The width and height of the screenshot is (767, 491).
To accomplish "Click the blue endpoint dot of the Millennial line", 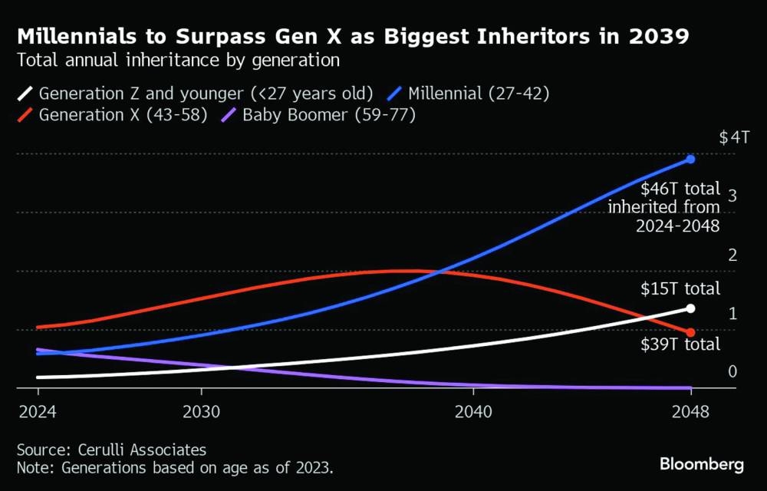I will click(x=690, y=160).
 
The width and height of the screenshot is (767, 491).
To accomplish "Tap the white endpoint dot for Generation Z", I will click(x=690, y=308).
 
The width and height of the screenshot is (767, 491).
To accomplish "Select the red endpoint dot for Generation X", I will click(x=690, y=332).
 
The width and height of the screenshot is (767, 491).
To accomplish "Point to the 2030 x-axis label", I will click(x=202, y=410).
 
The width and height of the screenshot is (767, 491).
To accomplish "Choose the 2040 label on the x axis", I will click(x=473, y=410).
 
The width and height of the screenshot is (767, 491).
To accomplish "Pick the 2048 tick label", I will click(x=691, y=410).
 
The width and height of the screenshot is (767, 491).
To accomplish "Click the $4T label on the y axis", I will click(x=734, y=138).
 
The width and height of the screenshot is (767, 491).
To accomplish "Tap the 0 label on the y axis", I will click(x=732, y=371).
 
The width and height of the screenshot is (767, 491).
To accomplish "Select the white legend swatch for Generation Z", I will click(x=25, y=94).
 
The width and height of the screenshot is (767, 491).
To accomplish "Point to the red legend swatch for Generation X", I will click(x=25, y=116).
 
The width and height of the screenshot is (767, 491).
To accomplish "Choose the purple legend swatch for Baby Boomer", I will click(x=229, y=116).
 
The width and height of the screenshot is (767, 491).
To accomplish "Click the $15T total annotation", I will click(x=680, y=289).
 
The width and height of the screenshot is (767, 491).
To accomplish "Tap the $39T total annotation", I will click(x=680, y=344).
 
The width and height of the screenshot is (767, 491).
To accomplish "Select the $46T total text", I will click(x=680, y=188).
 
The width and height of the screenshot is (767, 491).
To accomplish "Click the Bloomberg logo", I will click(x=702, y=464).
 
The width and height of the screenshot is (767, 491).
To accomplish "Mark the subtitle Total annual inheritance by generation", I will click(x=178, y=59).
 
